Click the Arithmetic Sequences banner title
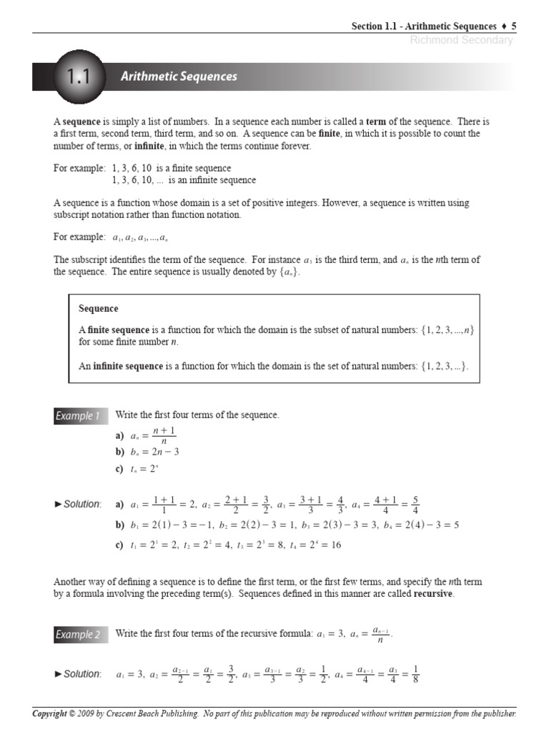pos(179,76)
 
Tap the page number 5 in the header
pos(513,26)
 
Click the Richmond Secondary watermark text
pos(461,40)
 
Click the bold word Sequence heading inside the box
pos(99,309)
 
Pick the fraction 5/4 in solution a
pos(415,505)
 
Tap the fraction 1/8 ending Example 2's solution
pos(415,674)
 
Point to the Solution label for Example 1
pos(79,505)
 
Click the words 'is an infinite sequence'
pos(212,180)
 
